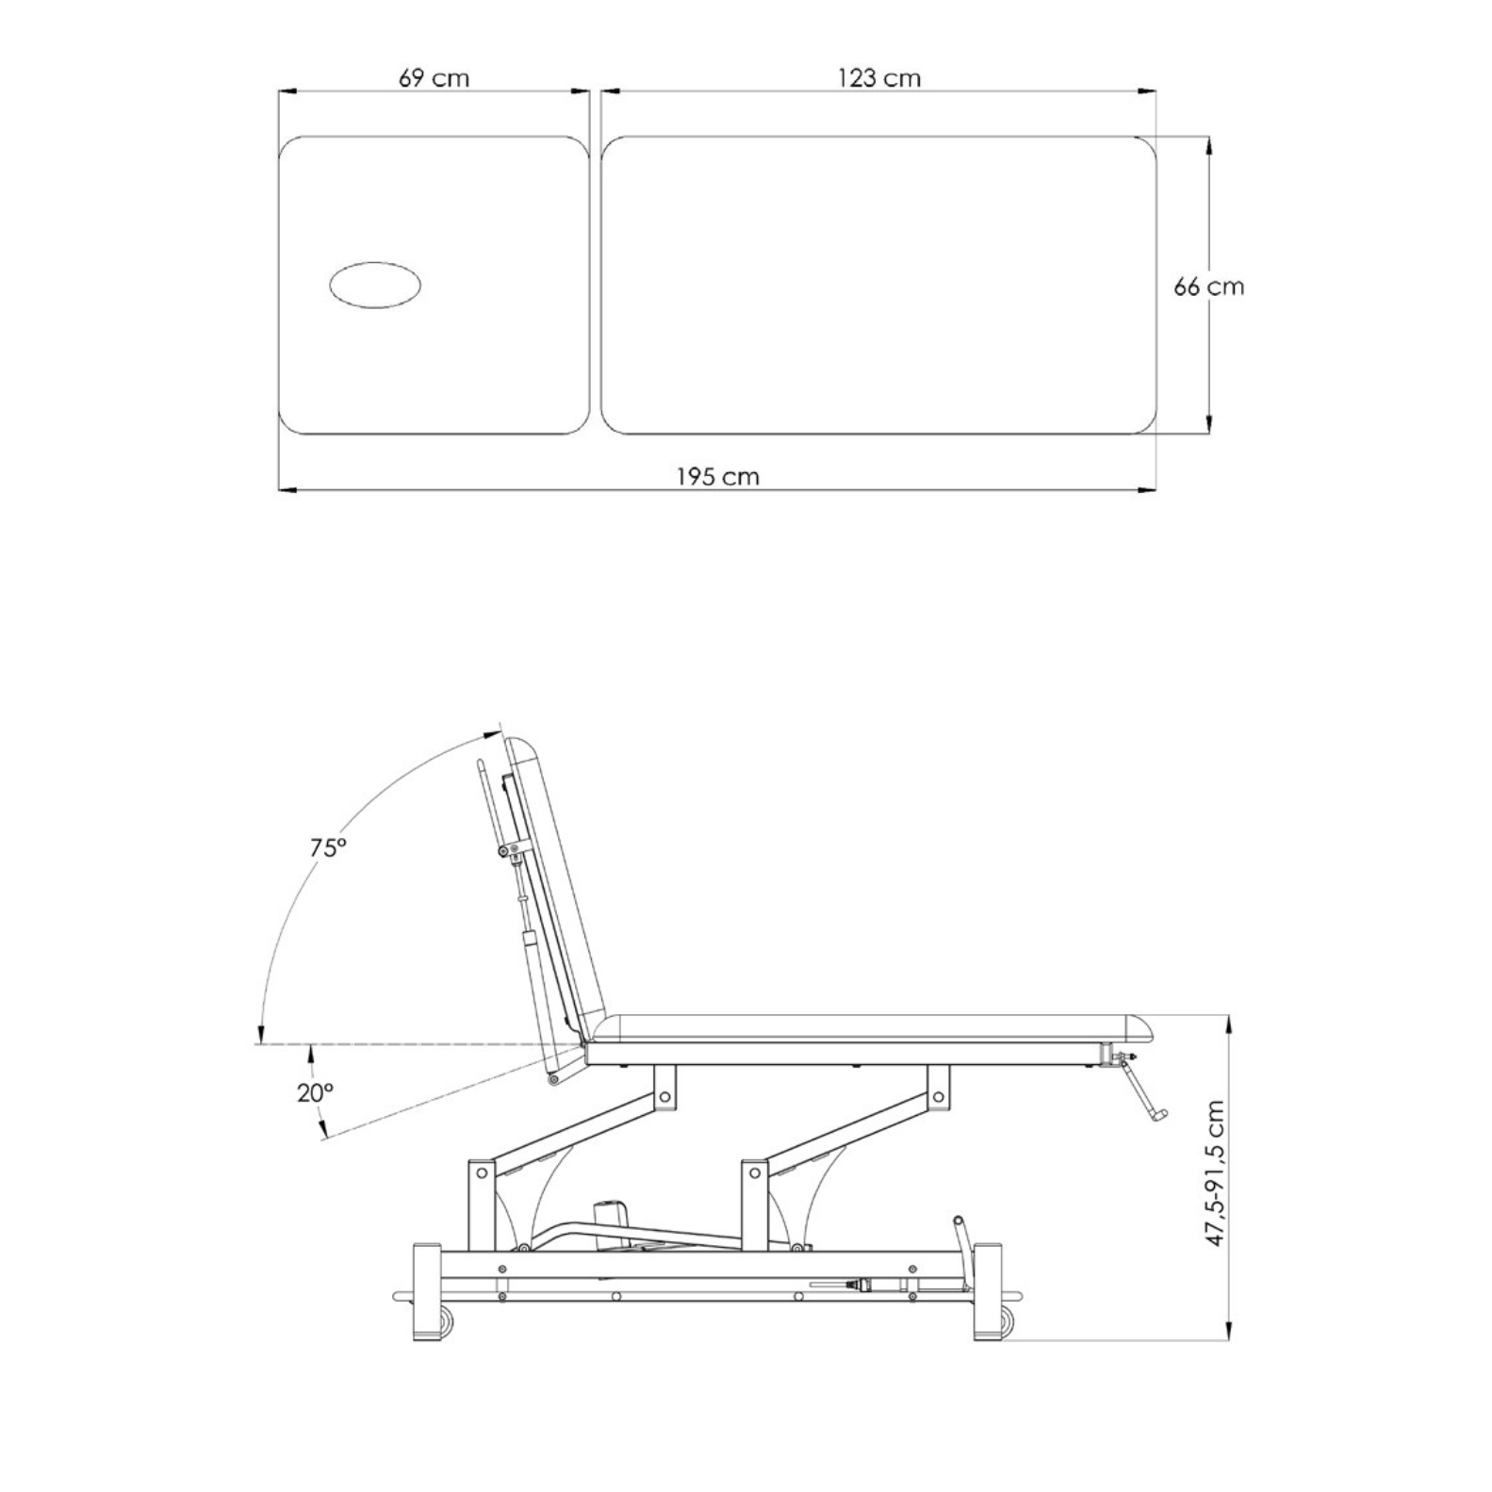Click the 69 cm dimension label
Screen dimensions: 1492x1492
click(434, 77)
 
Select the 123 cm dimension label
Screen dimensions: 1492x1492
click(879, 77)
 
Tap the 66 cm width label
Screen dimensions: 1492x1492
click(1208, 286)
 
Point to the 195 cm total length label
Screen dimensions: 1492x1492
click(717, 476)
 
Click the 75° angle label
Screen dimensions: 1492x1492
click(329, 847)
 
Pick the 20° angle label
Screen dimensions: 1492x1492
click(316, 1092)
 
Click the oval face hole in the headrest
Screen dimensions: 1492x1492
click(374, 285)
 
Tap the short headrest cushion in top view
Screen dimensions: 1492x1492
click(434, 285)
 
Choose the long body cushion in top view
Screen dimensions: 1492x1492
click(878, 285)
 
